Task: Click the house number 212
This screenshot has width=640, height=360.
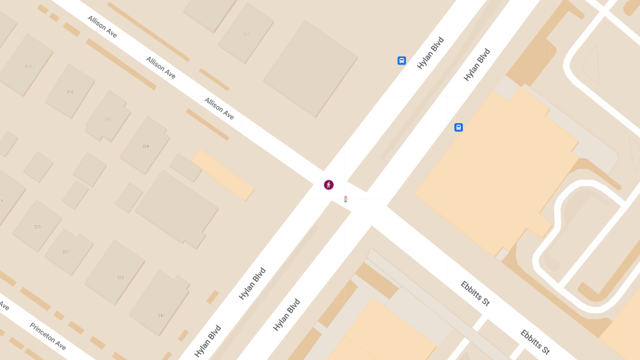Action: (28, 67)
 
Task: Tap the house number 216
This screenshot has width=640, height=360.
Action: (70, 92)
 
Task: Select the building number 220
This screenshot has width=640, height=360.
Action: (108, 119)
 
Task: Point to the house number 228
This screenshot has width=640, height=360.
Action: (146, 146)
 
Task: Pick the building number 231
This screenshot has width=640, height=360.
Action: (246, 34)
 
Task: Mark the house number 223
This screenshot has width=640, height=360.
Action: (37, 227)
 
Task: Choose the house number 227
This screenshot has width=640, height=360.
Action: (66, 252)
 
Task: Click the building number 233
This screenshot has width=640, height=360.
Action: (121, 277)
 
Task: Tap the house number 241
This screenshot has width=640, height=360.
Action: (161, 316)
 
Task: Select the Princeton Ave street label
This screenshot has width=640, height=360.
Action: (48, 337)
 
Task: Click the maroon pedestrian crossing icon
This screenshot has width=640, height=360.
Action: (329, 185)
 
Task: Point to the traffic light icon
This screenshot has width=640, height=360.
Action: (346, 199)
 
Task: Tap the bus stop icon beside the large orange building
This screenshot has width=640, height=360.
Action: (458, 127)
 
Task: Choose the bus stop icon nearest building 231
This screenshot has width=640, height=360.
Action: (402, 61)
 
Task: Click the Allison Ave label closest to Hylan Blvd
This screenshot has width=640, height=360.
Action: (219, 109)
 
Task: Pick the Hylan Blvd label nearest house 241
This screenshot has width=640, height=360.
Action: (208, 341)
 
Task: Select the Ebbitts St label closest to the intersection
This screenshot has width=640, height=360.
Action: (475, 293)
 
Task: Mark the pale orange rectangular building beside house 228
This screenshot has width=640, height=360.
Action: (222, 174)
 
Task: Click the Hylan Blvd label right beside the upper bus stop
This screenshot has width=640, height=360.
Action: (430, 53)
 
